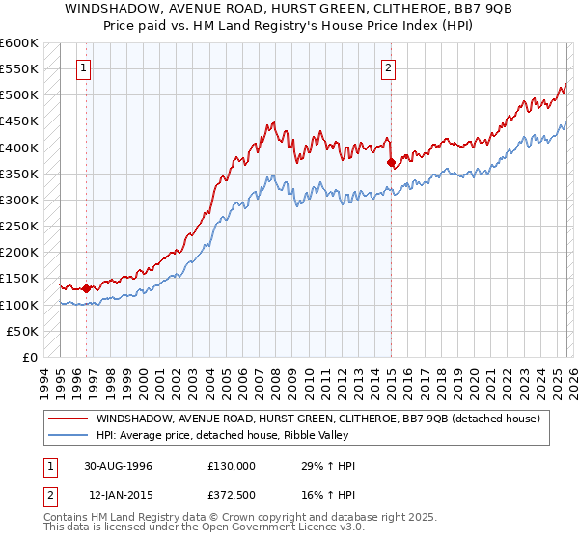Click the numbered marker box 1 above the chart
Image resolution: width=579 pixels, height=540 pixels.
coord(86,67)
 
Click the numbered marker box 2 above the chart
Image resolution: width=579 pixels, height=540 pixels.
coord(388,67)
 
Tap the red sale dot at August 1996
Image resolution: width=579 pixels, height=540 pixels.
coord(87,288)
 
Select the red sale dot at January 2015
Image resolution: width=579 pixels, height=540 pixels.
coord(391,163)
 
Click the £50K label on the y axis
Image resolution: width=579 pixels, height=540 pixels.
coord(22,331)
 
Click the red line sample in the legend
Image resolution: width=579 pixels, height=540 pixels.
coord(69,418)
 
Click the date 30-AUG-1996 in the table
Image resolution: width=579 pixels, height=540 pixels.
coord(117,466)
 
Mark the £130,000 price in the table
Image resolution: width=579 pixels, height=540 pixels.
coord(231,466)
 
